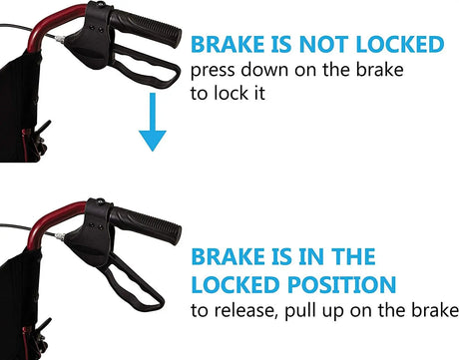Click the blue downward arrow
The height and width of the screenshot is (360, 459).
pos(153,122)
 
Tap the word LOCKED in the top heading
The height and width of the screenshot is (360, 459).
pos(400,44)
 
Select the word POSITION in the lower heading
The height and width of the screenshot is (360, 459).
pos(341,284)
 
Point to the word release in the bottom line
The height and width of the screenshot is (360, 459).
pos(244,310)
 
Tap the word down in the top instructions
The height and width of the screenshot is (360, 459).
pos(264,70)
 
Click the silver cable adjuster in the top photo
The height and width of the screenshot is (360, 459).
pos(59,39)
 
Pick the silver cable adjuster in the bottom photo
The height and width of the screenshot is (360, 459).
pos(59,236)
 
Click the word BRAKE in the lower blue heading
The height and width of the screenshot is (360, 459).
pos(228,256)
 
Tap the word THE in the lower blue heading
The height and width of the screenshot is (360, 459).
pos(353,256)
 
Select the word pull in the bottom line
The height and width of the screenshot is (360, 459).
pos(296,311)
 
